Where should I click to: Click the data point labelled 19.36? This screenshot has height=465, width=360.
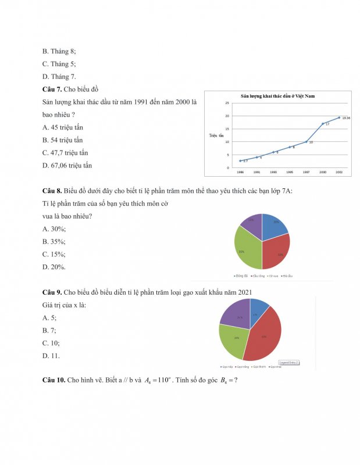(x=339, y=117)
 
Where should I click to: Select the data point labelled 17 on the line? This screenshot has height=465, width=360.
(x=323, y=124)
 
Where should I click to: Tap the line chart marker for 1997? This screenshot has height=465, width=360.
(x=306, y=142)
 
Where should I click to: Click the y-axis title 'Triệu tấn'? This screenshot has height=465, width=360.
(x=216, y=135)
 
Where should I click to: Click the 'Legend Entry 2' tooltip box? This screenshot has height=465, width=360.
(x=289, y=362)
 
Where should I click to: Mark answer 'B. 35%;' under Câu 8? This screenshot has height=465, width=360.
(x=54, y=241)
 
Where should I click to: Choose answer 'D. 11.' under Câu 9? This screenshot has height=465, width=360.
(x=51, y=356)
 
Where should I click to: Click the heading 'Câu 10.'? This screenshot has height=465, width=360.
(x=54, y=380)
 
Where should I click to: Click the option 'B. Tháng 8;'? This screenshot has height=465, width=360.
(x=59, y=51)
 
